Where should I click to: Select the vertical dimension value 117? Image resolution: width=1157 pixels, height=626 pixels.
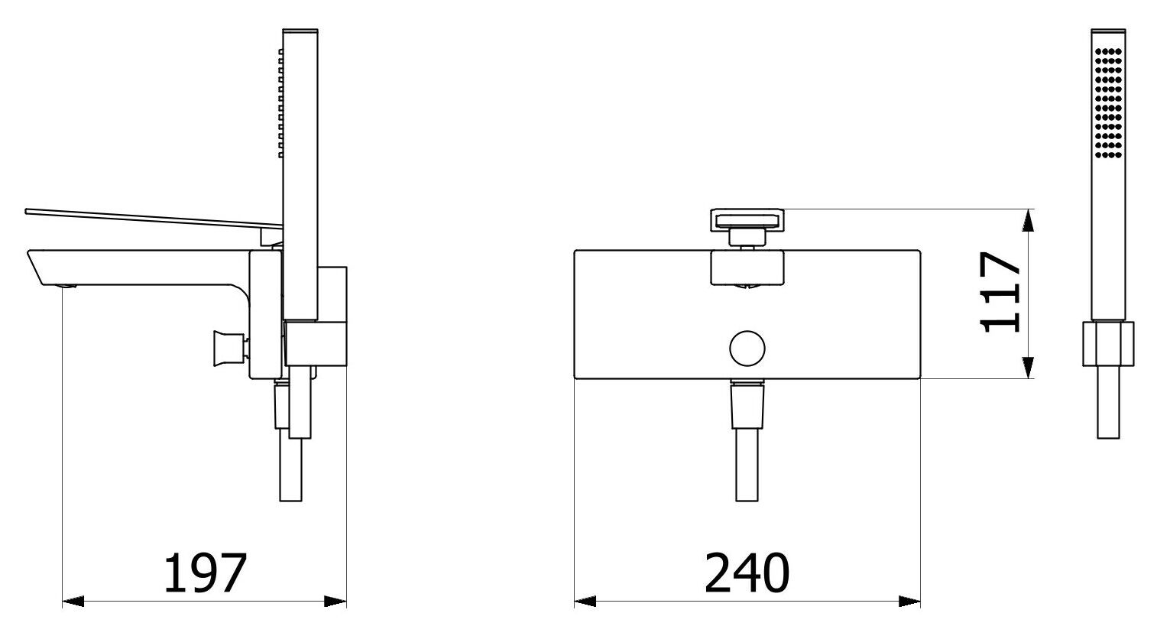point(1002,292)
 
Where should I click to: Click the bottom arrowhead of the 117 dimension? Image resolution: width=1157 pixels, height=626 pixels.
point(1029,368)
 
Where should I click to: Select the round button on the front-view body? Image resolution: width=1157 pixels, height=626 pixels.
point(747,349)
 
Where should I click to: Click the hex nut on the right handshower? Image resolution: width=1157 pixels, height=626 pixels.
point(1108,344)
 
